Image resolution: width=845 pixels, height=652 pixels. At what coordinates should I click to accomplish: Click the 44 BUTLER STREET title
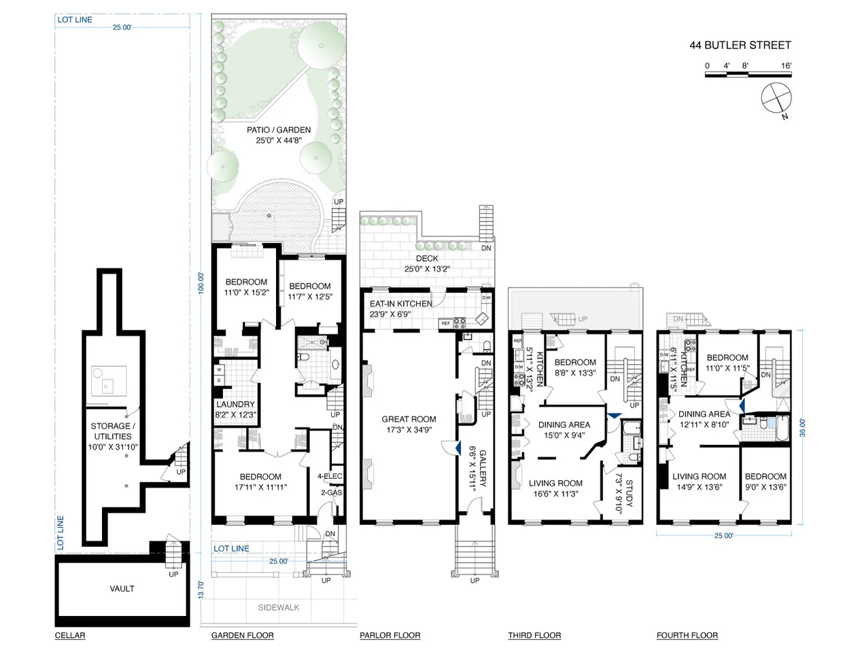pos(740,46)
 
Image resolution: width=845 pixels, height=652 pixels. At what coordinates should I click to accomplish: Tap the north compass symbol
pos(776,98)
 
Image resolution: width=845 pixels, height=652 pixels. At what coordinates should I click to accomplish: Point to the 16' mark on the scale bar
pos(787,66)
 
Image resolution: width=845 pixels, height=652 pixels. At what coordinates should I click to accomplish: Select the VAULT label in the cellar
pos(122,589)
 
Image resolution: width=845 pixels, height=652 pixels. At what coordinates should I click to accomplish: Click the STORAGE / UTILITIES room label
pos(112,431)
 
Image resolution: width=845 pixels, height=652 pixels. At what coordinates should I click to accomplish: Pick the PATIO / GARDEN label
pos(279,130)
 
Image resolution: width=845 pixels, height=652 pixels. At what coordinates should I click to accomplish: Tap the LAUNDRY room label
pos(236,404)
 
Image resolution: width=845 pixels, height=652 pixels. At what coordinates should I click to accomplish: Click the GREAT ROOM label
pos(409,419)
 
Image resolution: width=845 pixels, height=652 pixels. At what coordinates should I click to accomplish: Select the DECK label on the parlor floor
pos(427,258)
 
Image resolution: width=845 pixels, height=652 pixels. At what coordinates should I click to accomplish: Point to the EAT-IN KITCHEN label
pos(401,304)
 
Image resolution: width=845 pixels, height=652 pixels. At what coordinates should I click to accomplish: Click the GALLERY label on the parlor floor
pos(483,469)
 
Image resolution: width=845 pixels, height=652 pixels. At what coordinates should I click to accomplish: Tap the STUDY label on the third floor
pos(629,493)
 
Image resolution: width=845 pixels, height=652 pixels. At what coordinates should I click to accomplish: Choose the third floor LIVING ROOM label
pos(555,483)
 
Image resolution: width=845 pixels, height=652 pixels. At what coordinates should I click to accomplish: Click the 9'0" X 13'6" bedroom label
pos(765,487)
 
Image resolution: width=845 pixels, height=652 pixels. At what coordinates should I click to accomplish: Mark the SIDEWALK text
pos(279,607)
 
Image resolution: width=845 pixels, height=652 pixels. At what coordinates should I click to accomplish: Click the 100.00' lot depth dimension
pos(201,283)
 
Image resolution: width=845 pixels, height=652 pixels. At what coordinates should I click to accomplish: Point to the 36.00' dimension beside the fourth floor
pos(802,427)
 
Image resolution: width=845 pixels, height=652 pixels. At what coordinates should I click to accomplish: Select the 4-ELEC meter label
pos(330,476)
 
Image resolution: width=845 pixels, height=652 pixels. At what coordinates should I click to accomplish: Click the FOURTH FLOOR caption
pos(687,635)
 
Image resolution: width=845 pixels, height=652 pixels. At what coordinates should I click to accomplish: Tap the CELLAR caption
pos(70,635)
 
